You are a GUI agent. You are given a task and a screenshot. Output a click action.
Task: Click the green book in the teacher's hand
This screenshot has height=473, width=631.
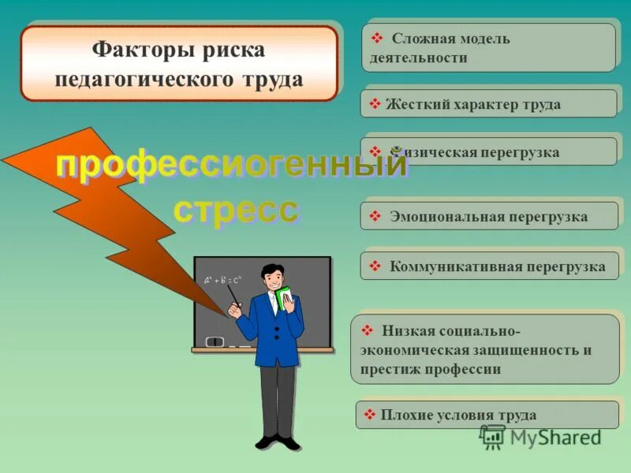(x=286, y=300)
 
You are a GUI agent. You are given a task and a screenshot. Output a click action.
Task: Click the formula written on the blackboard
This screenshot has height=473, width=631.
(x=222, y=279)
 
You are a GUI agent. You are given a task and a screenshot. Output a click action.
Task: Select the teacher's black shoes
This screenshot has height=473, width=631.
(x=278, y=441)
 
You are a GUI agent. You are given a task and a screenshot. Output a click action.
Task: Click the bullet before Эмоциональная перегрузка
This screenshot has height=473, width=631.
(x=375, y=217)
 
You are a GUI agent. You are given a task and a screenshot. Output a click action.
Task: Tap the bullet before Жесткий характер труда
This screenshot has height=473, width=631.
(x=375, y=104)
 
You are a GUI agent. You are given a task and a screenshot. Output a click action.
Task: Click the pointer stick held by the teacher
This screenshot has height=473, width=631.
(x=233, y=300)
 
